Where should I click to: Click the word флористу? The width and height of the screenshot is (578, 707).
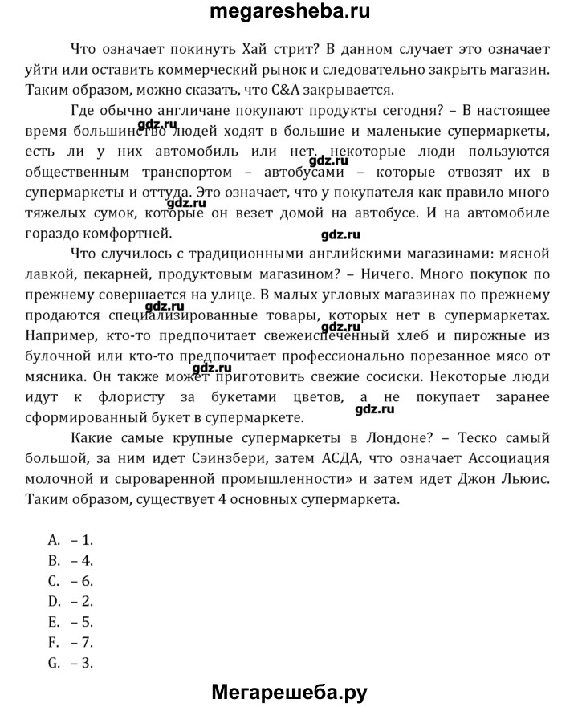pyautogui.click(x=144, y=396)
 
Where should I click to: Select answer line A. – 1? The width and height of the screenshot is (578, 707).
pyautogui.click(x=71, y=540)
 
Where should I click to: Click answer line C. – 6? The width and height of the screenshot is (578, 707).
pyautogui.click(x=71, y=579)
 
